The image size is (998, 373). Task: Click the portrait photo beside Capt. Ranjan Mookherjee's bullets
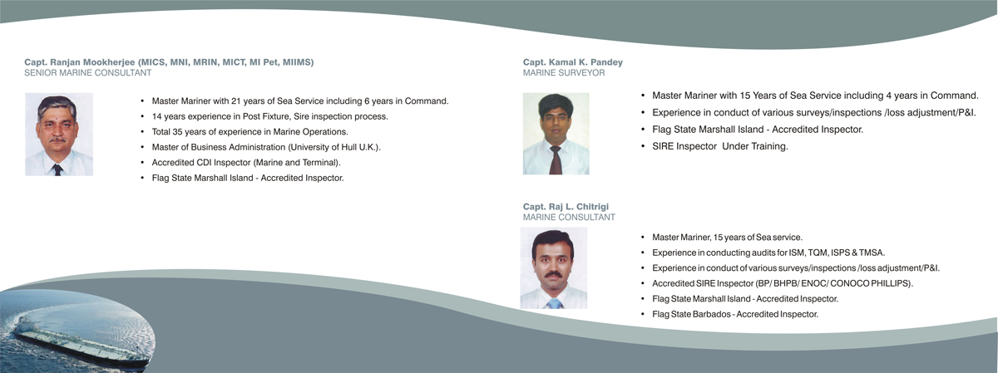click(x=59, y=135)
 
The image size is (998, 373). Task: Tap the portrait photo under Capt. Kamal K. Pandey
click(x=556, y=134)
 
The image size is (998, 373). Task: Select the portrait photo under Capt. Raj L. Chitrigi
click(x=554, y=268)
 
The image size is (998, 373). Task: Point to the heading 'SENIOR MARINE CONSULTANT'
click(x=88, y=73)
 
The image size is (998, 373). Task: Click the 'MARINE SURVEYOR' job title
click(x=564, y=73)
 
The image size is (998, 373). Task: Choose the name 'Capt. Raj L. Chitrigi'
click(x=566, y=207)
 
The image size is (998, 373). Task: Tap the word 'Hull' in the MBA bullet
click(x=349, y=147)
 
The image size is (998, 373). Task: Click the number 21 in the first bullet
click(x=236, y=101)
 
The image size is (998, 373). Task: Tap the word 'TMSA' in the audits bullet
click(x=871, y=253)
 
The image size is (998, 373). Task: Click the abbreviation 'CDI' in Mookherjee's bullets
click(x=204, y=163)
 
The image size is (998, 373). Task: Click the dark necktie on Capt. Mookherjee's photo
click(x=57, y=169)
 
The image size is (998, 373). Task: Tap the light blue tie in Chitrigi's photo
click(x=555, y=303)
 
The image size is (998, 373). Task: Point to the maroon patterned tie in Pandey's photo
click(x=556, y=160)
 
